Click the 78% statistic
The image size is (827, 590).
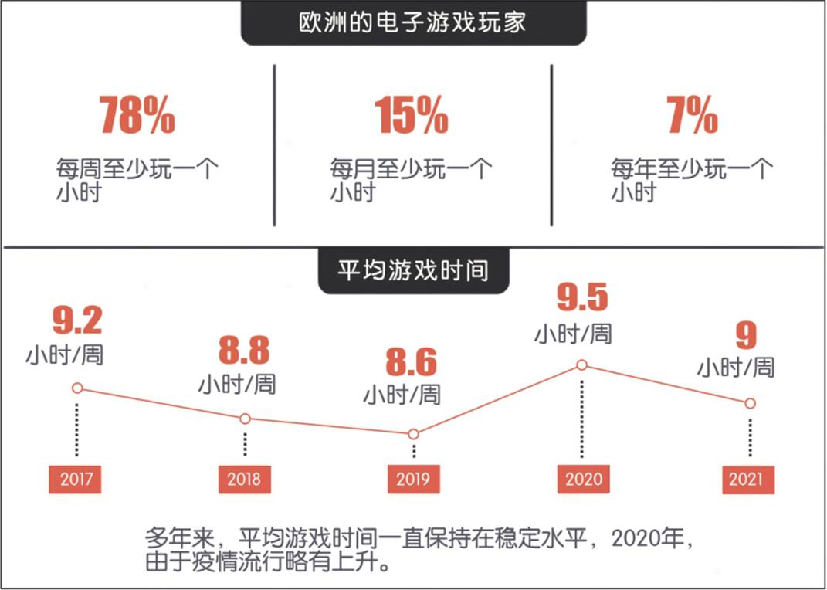[x=137, y=115]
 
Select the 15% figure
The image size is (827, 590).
[x=412, y=115]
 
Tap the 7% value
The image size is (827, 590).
[x=692, y=115]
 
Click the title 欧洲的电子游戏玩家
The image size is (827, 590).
[x=413, y=22]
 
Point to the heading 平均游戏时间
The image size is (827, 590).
[x=413, y=272]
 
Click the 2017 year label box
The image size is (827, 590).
[x=75, y=479]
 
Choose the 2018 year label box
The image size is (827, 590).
[x=244, y=479]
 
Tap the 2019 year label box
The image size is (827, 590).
[x=413, y=479]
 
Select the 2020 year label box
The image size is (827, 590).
[x=583, y=479]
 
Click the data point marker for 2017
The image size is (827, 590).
[x=76, y=388]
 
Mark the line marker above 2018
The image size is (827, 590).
[x=245, y=419]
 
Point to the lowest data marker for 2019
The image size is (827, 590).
[x=413, y=434]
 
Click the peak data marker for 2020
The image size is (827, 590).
[x=582, y=365]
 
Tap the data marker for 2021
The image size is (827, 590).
[x=750, y=403]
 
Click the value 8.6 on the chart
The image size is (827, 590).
[x=412, y=363]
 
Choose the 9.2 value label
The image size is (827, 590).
[x=76, y=321]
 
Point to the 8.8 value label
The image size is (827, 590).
[x=244, y=351]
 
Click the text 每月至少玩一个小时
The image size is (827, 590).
[x=410, y=180]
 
